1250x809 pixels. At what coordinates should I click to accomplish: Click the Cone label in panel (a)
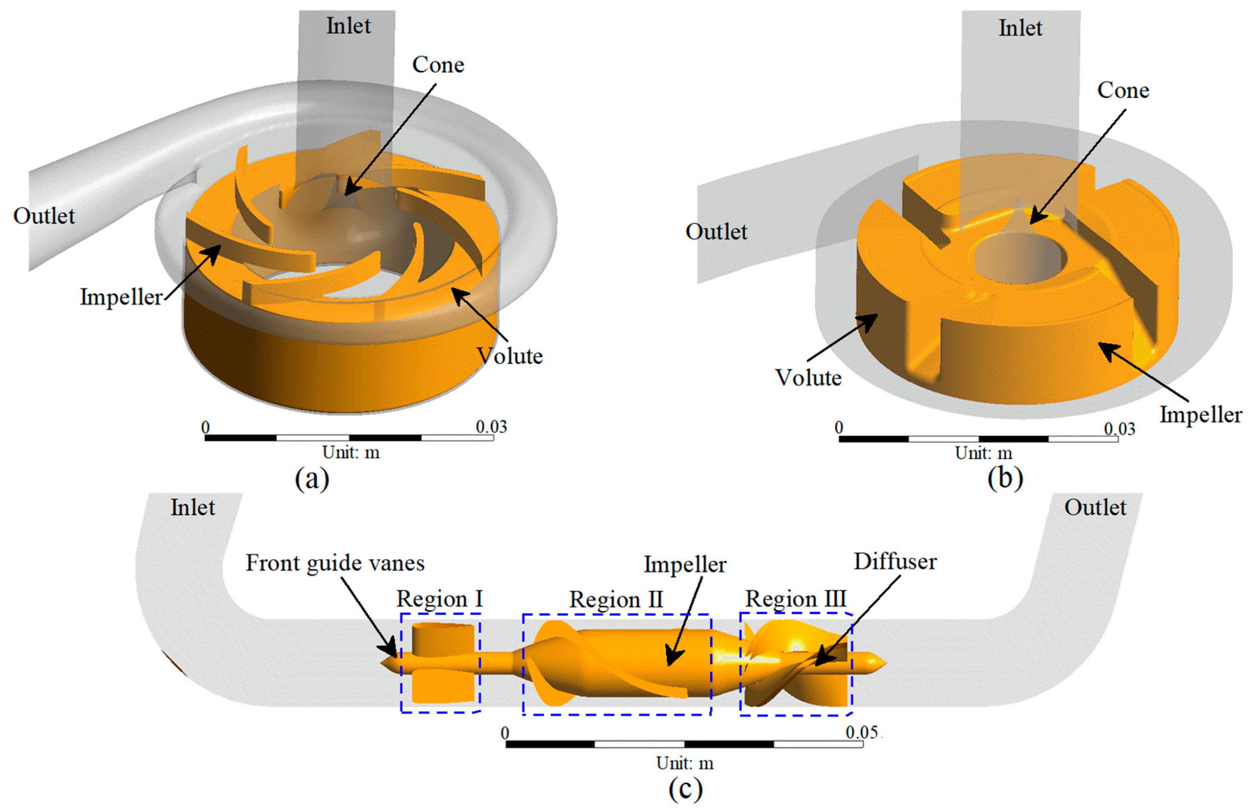pyautogui.click(x=438, y=64)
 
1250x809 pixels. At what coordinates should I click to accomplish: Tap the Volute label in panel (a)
pyautogui.click(x=509, y=356)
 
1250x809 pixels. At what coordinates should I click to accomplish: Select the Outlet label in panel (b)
pyautogui.click(x=716, y=232)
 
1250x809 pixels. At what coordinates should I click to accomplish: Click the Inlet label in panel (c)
pyautogui.click(x=193, y=508)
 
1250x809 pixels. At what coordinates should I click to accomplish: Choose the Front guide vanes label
pyautogui.click(x=335, y=563)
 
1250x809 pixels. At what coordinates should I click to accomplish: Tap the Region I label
pyautogui.click(x=439, y=599)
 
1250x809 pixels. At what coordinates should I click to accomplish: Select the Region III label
pyautogui.click(x=796, y=599)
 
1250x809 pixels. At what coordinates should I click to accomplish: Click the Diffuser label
pyautogui.click(x=895, y=562)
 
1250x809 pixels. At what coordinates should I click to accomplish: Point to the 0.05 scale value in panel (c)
pyautogui.click(x=862, y=732)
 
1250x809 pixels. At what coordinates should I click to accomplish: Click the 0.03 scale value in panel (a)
pyautogui.click(x=491, y=427)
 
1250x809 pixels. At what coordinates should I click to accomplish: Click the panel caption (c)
pyautogui.click(x=685, y=788)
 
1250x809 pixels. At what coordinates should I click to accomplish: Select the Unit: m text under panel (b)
pyautogui.click(x=983, y=452)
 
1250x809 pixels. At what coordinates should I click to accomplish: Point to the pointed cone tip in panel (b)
pyautogui.click(x=1019, y=202)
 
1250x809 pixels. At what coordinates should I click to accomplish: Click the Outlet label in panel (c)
pyautogui.click(x=1095, y=508)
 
